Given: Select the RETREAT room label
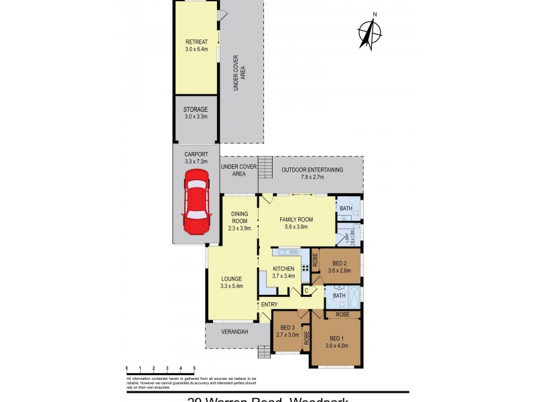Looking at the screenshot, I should pos(196,46).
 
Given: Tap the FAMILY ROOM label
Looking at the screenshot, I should pos(296,222).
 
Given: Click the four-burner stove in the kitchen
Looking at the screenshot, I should pos(305,267).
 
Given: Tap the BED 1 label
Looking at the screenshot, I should pos(337,342).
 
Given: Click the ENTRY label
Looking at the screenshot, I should pos(269,305).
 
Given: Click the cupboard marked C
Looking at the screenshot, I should pos(306,291).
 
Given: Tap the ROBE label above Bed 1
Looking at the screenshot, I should pos(342,314).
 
